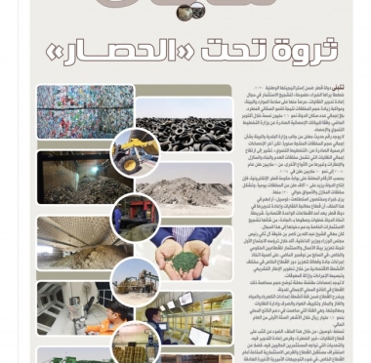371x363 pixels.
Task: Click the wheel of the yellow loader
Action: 126,163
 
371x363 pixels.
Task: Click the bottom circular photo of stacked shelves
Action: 136,342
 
